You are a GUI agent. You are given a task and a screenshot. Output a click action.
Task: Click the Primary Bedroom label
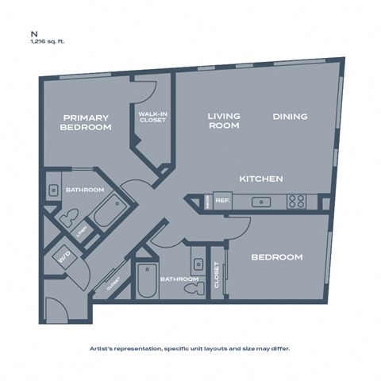pos(85,121)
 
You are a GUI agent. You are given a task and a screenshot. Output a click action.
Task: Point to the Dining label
pos(290,117)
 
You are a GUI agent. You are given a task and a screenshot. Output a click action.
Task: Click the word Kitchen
pos(261,179)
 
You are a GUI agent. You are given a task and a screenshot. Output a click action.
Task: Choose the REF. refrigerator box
pos(223,202)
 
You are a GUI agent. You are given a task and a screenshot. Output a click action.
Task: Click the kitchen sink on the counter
pos(260,202)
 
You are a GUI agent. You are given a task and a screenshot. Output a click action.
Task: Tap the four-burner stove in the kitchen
pos(297,202)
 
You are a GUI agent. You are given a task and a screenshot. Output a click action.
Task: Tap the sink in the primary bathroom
pos(52,190)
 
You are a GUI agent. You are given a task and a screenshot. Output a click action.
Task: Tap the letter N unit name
pos(33,34)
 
